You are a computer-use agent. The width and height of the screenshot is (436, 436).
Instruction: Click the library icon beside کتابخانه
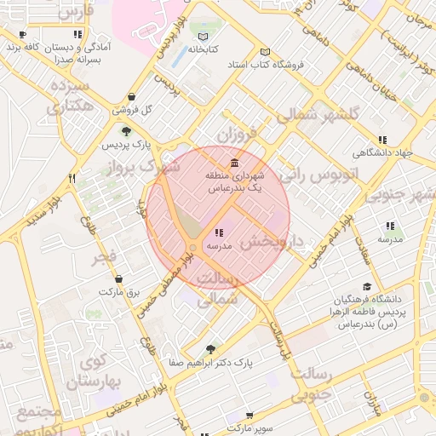(x=202, y=37)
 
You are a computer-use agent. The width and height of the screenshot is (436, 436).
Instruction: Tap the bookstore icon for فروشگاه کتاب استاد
(x=265, y=52)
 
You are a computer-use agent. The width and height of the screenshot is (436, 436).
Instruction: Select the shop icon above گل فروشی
(x=131, y=97)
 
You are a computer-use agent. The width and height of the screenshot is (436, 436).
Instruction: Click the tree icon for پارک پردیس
(x=126, y=131)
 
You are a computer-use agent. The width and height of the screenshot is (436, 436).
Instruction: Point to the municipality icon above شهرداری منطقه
(x=234, y=163)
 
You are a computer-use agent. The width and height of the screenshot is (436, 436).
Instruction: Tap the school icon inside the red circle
(x=219, y=232)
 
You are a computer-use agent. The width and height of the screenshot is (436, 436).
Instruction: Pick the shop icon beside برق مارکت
(x=118, y=278)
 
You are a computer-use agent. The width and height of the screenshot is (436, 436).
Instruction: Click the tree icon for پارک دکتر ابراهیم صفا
(x=210, y=348)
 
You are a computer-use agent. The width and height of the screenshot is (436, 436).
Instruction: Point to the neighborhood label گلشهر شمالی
(x=325, y=114)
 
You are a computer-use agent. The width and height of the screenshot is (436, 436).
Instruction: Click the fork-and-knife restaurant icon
(x=72, y=178)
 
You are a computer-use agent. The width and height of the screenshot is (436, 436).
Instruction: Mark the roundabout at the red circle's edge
(x=194, y=248)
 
